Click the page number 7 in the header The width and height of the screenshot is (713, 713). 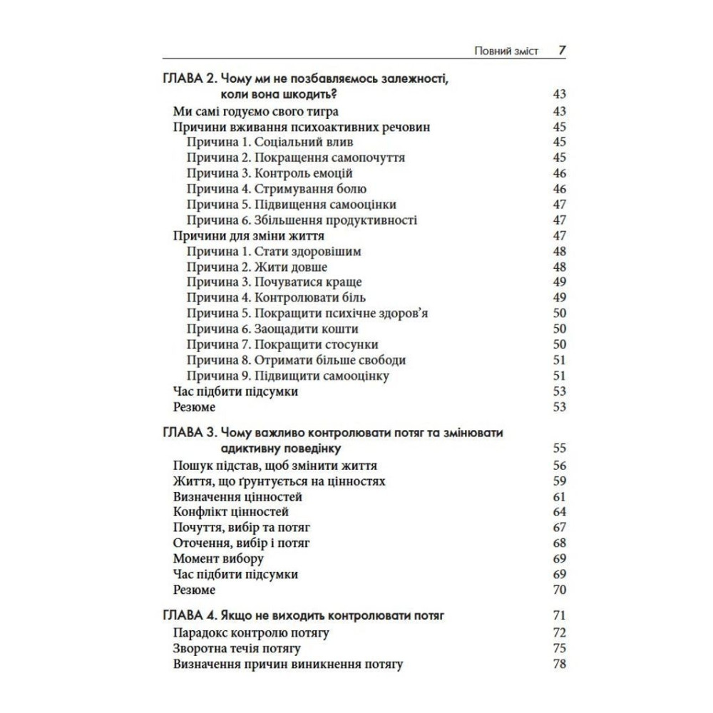562,51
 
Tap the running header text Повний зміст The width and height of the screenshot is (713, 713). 506,52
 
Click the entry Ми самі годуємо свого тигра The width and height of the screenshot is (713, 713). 256,111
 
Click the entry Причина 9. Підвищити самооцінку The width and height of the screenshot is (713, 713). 288,376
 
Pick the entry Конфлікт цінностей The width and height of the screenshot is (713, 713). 231,512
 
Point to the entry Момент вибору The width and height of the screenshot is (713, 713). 218,558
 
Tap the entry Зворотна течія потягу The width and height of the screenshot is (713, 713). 237,648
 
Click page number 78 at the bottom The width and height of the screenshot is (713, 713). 559,664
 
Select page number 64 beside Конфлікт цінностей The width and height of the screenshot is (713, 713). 559,512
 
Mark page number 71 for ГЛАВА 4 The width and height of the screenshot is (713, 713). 559,615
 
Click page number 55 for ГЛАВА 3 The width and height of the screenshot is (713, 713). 559,448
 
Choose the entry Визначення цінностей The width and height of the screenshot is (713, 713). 238,496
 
